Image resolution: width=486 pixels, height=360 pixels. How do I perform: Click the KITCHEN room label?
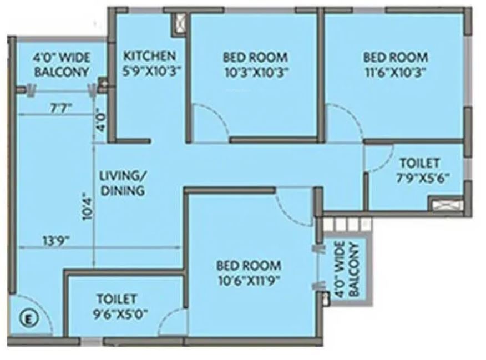pos(149,55)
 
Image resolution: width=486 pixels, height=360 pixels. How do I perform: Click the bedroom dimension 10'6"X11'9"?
pos(248,280)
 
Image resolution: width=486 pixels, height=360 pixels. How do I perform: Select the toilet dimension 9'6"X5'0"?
pos(117,313)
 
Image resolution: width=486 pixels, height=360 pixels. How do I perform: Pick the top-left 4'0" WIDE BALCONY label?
pos(62,64)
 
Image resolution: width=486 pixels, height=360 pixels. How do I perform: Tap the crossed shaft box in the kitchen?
pos(179,23)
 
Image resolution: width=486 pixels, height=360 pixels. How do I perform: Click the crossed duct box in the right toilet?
pos(447,205)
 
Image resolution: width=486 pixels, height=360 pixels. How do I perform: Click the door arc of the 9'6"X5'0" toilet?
pos(174,322)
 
